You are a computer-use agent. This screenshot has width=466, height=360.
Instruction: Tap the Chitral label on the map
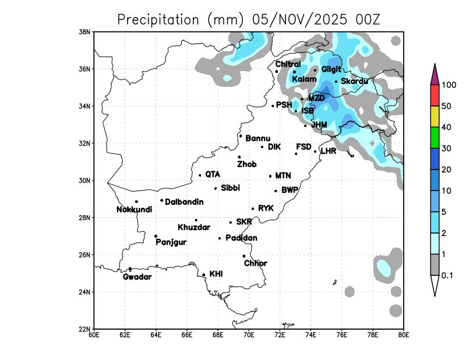[288, 65]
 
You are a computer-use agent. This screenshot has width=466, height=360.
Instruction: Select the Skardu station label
[354, 82]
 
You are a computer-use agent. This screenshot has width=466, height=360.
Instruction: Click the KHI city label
[216, 273]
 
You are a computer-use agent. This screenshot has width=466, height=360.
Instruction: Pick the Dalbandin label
[184, 202]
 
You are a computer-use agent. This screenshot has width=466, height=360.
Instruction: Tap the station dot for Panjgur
[156, 236]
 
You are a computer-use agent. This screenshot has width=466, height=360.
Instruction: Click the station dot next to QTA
[200, 175]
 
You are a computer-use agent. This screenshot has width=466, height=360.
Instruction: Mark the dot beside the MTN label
[270, 176]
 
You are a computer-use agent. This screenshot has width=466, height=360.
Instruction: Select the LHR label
[329, 151]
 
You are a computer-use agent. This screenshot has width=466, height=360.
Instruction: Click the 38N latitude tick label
[85, 32]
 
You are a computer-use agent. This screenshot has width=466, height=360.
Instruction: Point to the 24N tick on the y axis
[85, 292]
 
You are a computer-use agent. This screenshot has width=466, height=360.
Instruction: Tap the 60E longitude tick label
[93, 335]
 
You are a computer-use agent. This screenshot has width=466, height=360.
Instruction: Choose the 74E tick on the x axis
[310, 335]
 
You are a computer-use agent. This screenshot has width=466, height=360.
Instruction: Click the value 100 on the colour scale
[449, 85]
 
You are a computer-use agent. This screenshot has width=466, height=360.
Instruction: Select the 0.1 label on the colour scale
[447, 275]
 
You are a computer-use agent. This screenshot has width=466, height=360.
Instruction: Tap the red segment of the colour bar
[435, 96]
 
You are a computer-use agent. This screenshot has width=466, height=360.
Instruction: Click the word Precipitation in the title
[158, 19]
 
